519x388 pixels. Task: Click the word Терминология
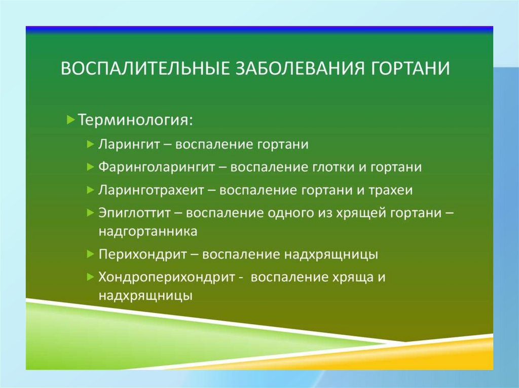135,120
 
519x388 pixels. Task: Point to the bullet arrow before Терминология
71,119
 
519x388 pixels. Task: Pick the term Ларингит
129,145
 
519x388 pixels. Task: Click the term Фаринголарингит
157,167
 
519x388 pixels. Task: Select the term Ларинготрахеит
151,190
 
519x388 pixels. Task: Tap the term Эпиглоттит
134,213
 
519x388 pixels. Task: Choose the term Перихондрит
142,254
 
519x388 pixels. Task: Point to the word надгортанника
148,231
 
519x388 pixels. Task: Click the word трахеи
391,190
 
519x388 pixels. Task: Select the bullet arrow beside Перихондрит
90,254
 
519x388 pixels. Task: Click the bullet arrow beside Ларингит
90,144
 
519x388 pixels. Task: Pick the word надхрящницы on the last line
145,295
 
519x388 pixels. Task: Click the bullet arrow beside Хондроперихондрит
90,277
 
